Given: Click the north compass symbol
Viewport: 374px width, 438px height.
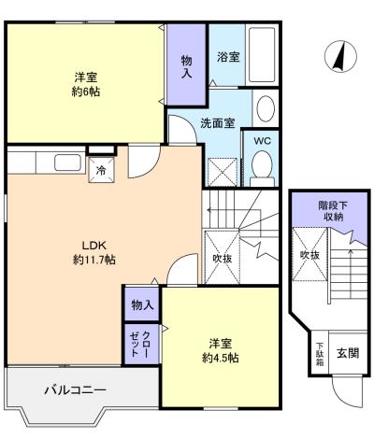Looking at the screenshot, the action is point(340,56).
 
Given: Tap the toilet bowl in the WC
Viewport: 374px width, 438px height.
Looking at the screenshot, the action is point(262,164).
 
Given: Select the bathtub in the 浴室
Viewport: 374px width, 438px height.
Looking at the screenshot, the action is point(262,54).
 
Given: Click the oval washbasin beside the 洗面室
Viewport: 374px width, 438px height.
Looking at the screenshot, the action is point(266,108).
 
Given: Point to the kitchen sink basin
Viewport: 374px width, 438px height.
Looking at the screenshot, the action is point(67,162).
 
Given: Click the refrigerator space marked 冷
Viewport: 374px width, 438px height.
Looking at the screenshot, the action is point(101,170).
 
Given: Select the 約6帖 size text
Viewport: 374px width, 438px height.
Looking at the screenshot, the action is point(86,92).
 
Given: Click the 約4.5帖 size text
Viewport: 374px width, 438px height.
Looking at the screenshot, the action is point(221,359).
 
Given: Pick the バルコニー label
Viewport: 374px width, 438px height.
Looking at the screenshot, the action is point(76,389).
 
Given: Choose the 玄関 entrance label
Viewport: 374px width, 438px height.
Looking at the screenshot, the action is point(348,353).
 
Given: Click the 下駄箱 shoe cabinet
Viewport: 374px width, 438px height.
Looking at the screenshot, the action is point(320,354).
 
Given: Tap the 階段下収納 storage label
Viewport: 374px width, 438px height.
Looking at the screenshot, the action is point(333,211).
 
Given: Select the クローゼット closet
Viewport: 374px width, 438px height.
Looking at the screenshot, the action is point(141,344).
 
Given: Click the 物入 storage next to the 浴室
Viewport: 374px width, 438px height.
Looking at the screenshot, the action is point(187,64).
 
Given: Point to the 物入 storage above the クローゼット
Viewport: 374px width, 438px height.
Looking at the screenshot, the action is point(142,304).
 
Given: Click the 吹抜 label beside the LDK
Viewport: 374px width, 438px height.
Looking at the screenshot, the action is point(223,258).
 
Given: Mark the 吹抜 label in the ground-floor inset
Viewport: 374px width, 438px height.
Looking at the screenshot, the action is point(309,255).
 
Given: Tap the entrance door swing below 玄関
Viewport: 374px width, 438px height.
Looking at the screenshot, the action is point(347,391).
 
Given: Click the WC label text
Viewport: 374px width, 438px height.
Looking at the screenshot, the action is point(263,141).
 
